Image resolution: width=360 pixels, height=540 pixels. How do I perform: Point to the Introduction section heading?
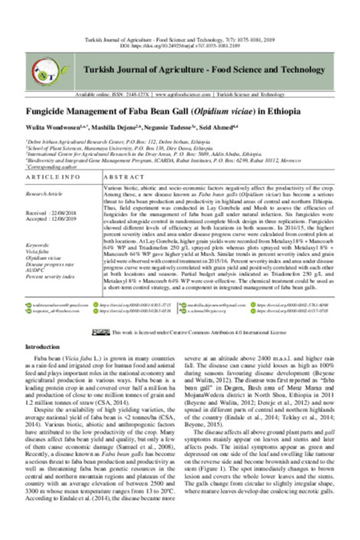pos(43,347)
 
